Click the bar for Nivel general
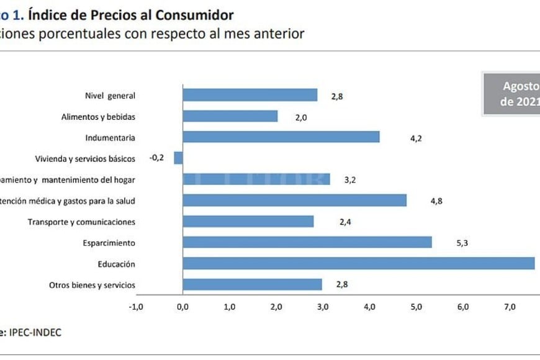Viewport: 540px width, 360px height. pos(250,95)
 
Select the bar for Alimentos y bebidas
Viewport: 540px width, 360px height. pos(230,116)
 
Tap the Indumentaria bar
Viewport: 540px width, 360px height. pos(281,137)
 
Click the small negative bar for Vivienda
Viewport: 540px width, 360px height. pos(178,158)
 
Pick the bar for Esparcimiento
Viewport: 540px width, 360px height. pos(307,243)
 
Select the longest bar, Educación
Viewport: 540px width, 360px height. pos(358,264)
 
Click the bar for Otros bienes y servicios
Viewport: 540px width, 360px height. pos(252,285)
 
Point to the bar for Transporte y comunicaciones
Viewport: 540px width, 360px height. pos(248,222)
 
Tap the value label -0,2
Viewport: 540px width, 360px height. pos(156,158)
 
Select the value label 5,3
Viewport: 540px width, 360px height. pos(461,243)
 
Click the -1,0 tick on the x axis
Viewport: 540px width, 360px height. pos(135,307)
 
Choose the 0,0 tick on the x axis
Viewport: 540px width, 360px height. pos(182,307)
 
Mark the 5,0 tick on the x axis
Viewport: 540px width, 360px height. pos(416,307)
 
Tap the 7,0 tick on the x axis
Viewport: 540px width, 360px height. pos(510,307)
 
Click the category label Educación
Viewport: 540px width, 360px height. pos(116,264)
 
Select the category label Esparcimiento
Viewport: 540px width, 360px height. pos(109,243)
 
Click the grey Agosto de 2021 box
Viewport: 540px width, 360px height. pos(512,94)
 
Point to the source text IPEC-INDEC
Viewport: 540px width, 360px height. pos(35,333)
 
